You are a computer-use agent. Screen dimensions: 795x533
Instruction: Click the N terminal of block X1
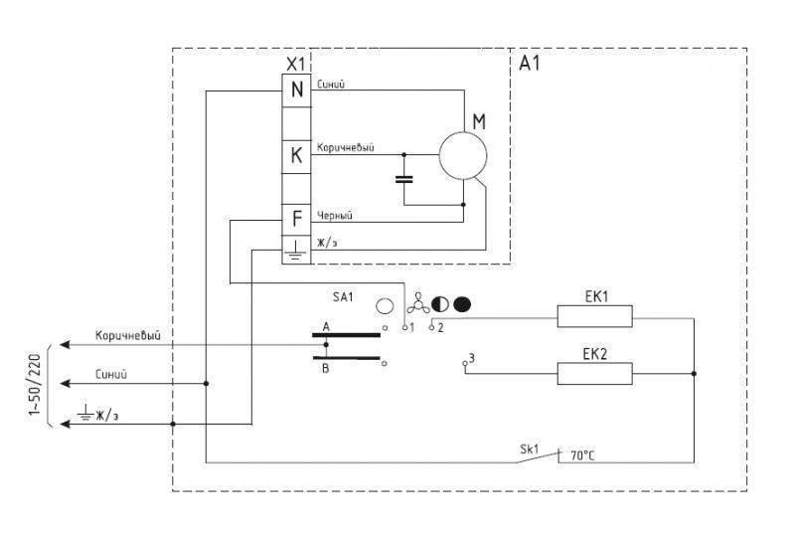click(x=296, y=90)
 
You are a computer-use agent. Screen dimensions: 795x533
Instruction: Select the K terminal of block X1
click(x=296, y=156)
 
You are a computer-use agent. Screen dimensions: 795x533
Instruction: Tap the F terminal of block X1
click(x=296, y=220)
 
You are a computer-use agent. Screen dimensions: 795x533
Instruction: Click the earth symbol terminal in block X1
click(x=296, y=250)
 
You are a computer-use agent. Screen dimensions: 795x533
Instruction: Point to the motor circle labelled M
click(x=463, y=156)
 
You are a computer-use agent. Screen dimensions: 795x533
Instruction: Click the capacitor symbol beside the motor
click(x=404, y=179)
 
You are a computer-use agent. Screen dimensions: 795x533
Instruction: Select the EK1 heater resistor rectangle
click(x=594, y=316)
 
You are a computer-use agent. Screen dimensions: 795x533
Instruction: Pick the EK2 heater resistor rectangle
click(x=594, y=374)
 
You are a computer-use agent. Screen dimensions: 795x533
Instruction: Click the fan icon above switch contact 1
click(x=418, y=303)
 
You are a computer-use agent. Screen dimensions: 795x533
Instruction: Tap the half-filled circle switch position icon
click(x=440, y=304)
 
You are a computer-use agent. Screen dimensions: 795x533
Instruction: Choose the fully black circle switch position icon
click(x=462, y=304)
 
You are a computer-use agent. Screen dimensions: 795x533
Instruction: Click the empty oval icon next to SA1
click(x=385, y=306)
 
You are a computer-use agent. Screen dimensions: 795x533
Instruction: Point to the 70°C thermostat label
click(x=582, y=455)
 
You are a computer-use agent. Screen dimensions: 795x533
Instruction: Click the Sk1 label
click(x=530, y=449)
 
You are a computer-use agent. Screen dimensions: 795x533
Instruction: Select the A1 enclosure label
click(x=530, y=64)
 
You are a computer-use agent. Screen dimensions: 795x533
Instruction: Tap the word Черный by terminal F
click(x=335, y=216)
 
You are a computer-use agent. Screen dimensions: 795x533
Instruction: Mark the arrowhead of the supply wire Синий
click(x=65, y=384)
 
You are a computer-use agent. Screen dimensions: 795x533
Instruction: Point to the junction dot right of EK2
click(x=694, y=374)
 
